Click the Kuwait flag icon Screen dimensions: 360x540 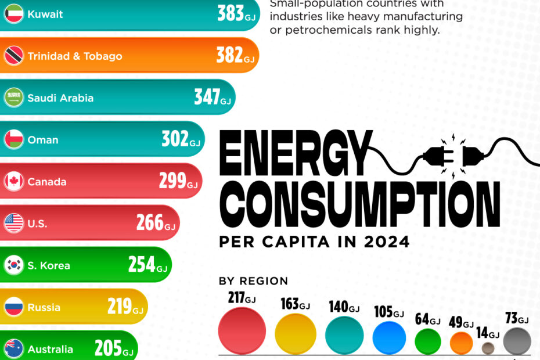point(13,15)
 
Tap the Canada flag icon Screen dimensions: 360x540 point(13,182)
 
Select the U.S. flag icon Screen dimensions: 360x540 point(13,224)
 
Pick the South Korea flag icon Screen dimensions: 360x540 point(13,265)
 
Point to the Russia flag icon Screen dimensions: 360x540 point(13,307)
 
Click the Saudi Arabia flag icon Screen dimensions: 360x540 point(13,98)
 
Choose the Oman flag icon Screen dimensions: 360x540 point(13,140)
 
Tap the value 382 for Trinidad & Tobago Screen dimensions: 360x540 point(229,56)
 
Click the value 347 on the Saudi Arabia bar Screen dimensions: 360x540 point(207,98)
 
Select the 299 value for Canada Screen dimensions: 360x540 point(172,181)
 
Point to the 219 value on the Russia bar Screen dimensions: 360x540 point(120,307)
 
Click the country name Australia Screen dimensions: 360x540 point(51,349)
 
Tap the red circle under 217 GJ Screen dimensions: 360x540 point(242,331)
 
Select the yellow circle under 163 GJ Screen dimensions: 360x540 point(295,334)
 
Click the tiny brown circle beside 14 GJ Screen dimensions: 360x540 point(488,348)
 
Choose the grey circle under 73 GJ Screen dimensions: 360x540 point(516,341)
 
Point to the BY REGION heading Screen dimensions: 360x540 point(253,282)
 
